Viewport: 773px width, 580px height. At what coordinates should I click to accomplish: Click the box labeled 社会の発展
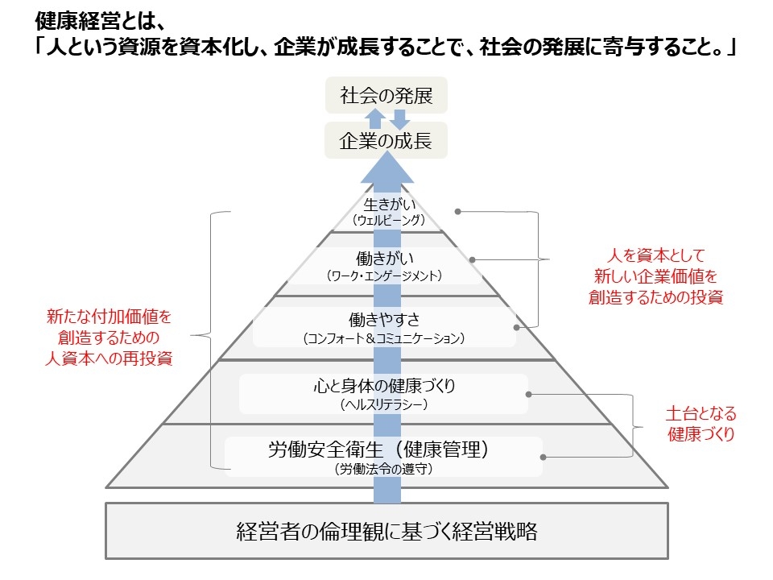coord(386,97)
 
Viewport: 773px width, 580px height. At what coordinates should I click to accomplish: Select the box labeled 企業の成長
coord(386,141)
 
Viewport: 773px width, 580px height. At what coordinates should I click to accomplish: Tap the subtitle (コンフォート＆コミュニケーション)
coord(385,338)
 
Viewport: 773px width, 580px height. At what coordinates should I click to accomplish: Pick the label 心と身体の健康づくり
coord(385,387)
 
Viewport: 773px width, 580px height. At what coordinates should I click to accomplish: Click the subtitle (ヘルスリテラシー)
coord(385,404)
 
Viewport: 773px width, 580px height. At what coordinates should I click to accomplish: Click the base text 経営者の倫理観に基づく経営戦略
coord(386,532)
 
